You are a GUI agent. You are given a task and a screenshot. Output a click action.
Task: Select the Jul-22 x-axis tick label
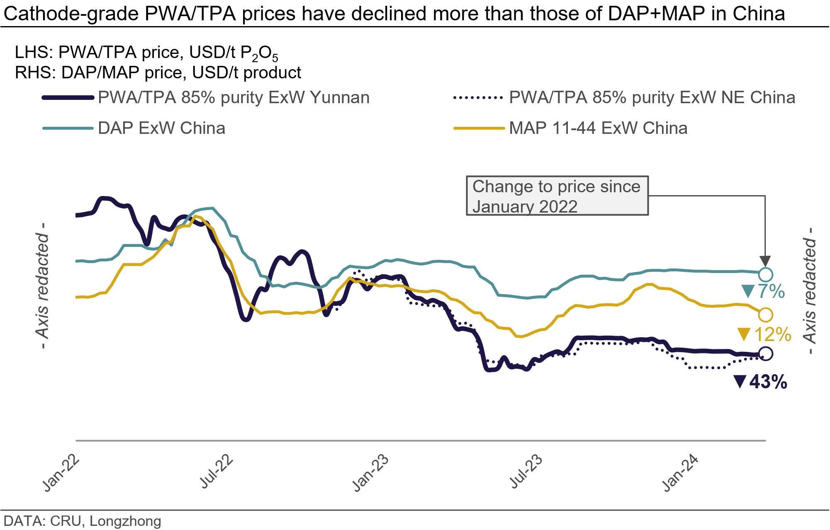coord(217,472)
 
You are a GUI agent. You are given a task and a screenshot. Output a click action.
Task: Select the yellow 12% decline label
coord(764,334)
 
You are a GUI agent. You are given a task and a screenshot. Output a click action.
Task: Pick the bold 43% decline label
coord(761,382)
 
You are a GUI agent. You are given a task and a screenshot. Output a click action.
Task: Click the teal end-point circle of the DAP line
coord(766,274)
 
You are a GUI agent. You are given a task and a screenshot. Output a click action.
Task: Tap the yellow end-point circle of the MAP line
coord(766,315)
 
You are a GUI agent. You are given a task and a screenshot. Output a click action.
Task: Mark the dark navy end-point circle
coord(766,353)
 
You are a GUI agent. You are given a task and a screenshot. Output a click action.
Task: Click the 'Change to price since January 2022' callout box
coord(557,196)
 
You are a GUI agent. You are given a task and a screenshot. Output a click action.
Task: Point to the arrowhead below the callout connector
coord(765,261)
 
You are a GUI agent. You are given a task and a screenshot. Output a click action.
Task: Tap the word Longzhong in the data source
coord(125,521)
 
